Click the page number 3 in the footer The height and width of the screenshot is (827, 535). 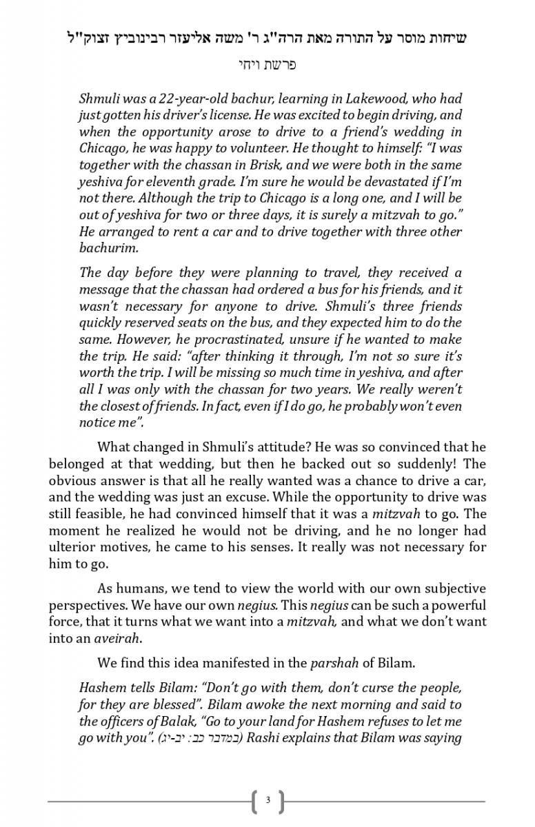(x=267, y=800)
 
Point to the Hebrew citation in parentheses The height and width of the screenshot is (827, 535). (x=200, y=739)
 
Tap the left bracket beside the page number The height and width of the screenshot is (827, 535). (x=256, y=800)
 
